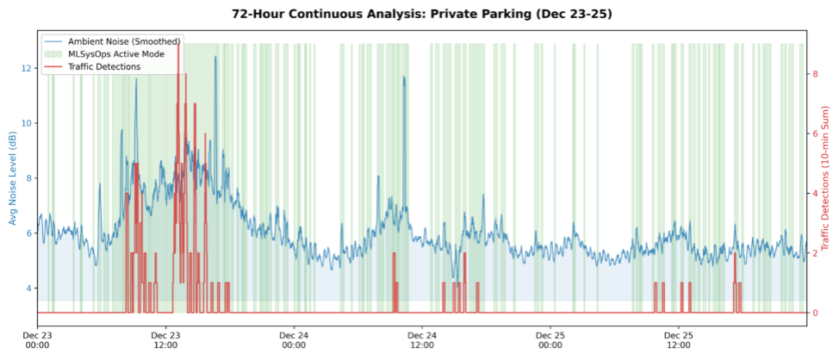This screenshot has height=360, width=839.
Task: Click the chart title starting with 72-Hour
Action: [x=419, y=14]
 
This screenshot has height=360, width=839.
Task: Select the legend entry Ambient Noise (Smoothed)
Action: [x=123, y=40]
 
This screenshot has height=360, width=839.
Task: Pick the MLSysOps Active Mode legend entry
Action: [x=116, y=53]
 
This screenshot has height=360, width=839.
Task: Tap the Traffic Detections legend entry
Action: [x=103, y=66]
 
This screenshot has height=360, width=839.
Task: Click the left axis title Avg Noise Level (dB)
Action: [x=13, y=178]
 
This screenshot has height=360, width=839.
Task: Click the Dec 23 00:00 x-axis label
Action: [x=37, y=339]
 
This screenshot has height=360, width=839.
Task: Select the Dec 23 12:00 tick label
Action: [x=165, y=339]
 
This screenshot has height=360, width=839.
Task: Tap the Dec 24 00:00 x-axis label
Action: [x=294, y=339]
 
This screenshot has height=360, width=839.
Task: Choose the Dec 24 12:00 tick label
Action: [x=422, y=339]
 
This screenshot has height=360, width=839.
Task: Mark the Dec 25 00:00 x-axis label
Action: [x=550, y=339]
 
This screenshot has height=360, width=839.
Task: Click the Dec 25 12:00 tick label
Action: [x=679, y=339]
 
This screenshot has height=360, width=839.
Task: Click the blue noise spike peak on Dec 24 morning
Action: [x=403, y=77]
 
